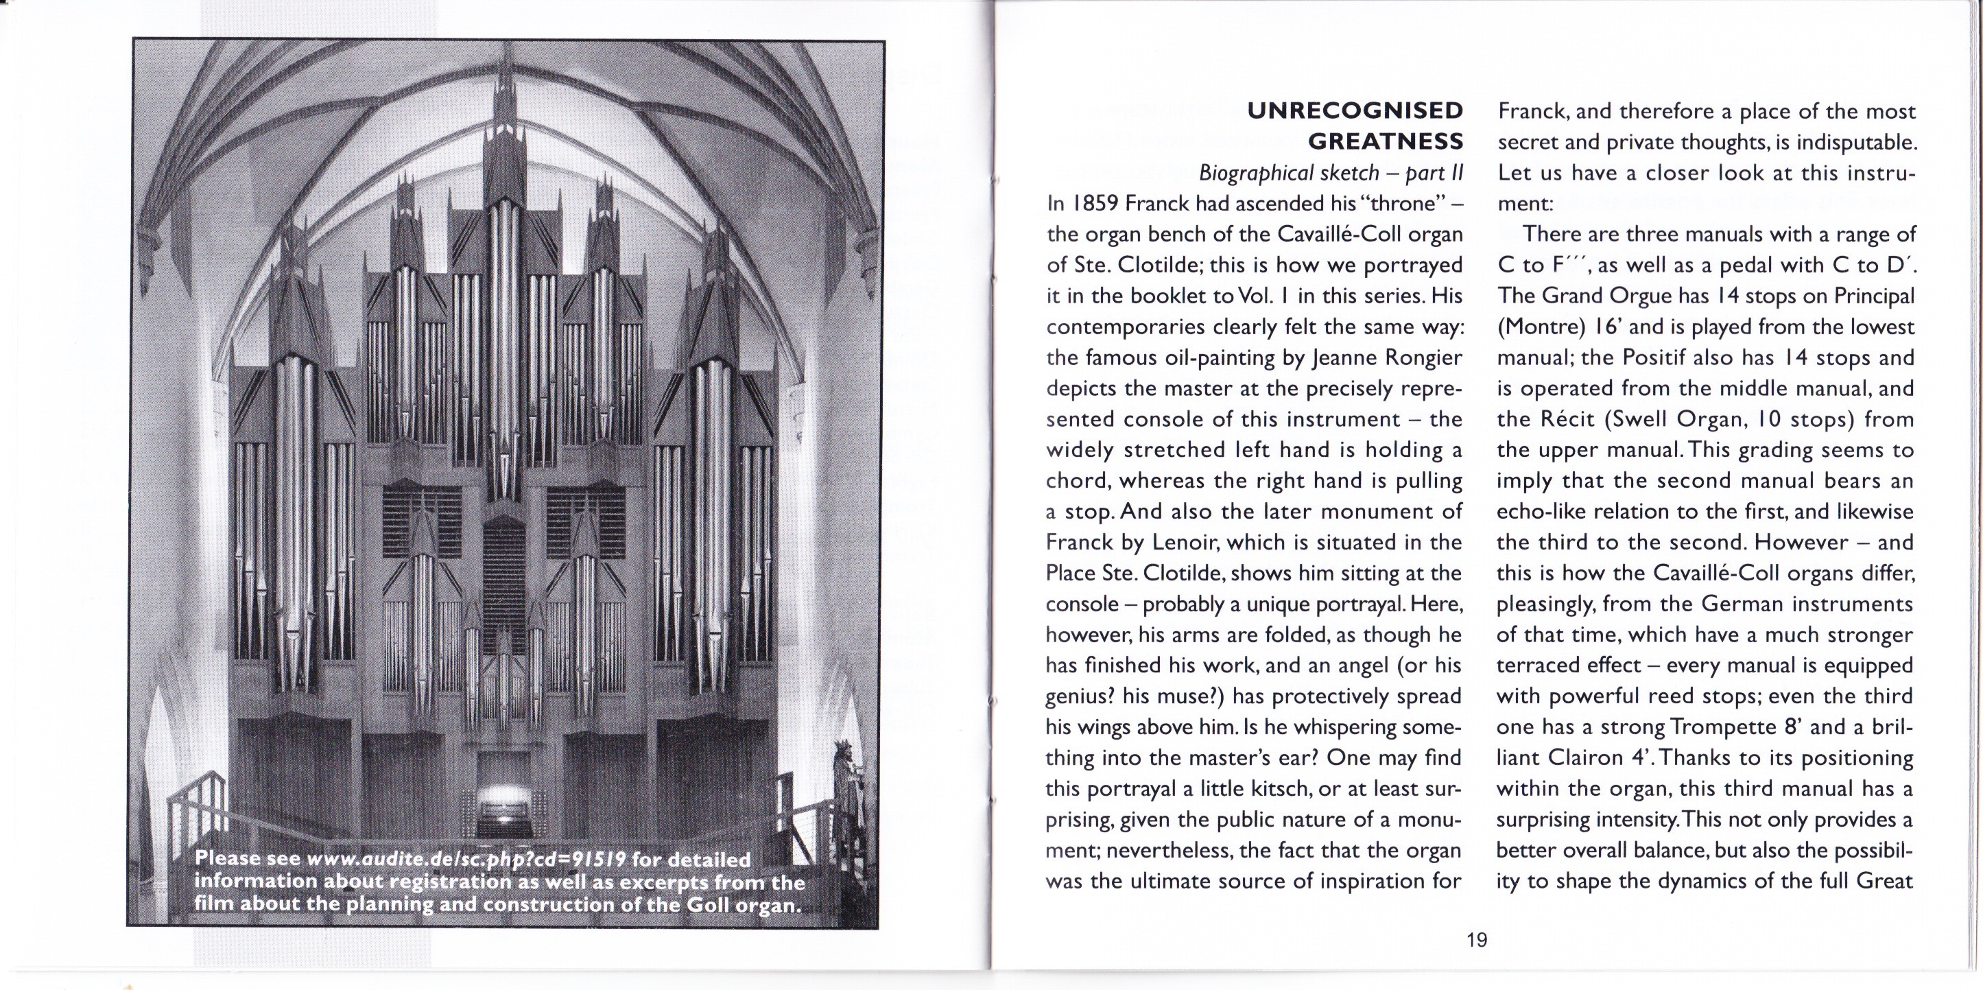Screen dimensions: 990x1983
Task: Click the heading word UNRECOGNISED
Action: coord(1354,111)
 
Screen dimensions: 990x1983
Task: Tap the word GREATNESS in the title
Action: coord(1385,141)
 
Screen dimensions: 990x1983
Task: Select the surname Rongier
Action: coord(1423,358)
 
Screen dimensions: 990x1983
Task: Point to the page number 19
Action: coord(1477,940)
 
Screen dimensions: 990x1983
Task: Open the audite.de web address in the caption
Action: coord(466,859)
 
